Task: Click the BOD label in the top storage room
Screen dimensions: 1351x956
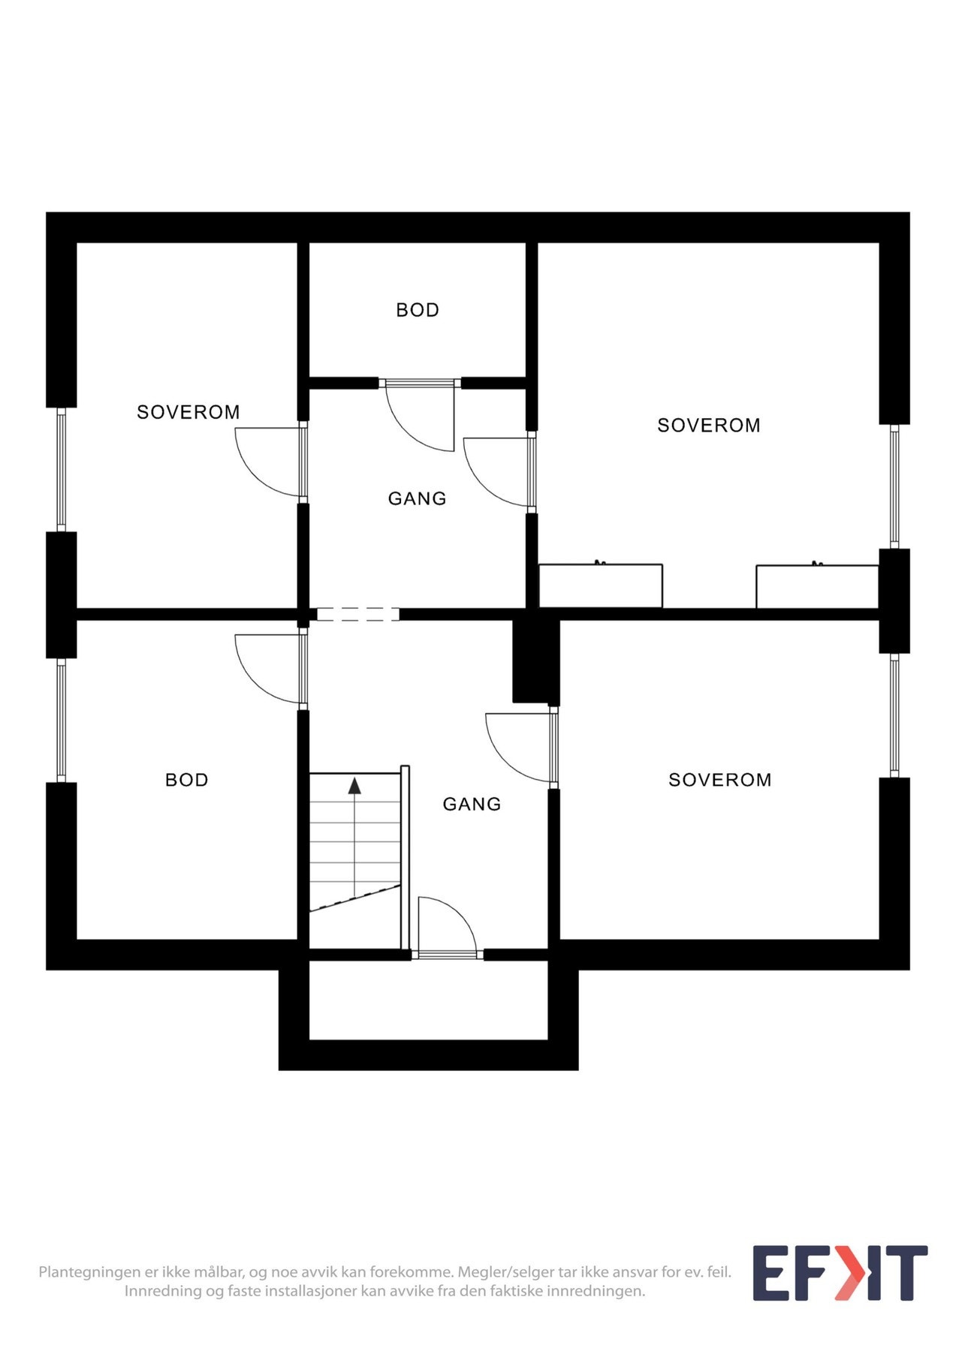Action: point(418,310)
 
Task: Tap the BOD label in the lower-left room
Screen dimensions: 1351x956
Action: point(187,780)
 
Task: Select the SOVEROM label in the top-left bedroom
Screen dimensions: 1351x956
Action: point(188,412)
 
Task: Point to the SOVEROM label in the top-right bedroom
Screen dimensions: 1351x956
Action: point(709,426)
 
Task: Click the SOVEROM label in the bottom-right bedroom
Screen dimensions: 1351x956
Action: point(720,780)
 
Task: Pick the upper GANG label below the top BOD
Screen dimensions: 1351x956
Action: point(417,498)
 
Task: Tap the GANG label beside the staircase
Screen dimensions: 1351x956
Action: point(472,804)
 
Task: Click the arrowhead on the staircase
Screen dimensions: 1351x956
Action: point(354,786)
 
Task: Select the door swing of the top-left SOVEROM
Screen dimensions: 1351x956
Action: point(263,465)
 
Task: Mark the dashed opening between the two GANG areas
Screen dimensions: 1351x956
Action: point(358,614)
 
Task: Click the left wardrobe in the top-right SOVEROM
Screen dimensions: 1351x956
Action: point(601,585)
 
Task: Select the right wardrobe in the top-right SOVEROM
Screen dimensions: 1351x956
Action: point(817,586)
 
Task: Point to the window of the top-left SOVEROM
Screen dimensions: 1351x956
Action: point(62,469)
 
